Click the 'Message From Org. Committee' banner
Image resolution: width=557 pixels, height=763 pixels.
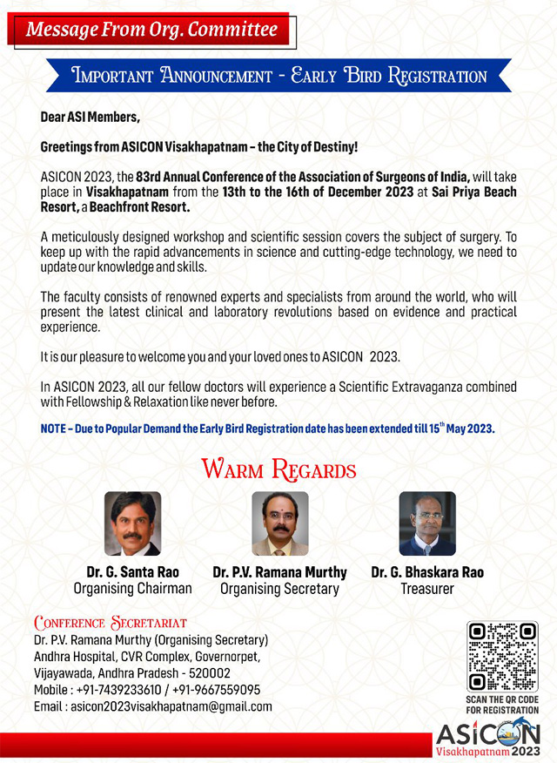pos(151,30)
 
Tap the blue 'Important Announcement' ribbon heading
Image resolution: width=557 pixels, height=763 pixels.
pos(278,76)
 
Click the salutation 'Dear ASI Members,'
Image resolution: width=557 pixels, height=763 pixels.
pos(90,117)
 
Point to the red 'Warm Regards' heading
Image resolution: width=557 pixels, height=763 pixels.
pos(278,470)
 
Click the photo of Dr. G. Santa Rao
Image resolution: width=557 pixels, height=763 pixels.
pos(132,523)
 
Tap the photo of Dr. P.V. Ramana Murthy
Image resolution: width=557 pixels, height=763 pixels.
pos(279,523)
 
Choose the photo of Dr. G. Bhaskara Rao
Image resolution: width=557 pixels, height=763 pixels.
pos(427,523)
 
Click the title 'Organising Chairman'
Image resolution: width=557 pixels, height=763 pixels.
pos(132,589)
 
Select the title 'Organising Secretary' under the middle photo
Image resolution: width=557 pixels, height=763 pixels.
pos(279,589)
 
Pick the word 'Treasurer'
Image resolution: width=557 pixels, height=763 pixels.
pos(427,589)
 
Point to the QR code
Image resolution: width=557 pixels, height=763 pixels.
pos(502,657)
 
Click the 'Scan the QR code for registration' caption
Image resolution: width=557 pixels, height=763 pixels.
pos(502,705)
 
